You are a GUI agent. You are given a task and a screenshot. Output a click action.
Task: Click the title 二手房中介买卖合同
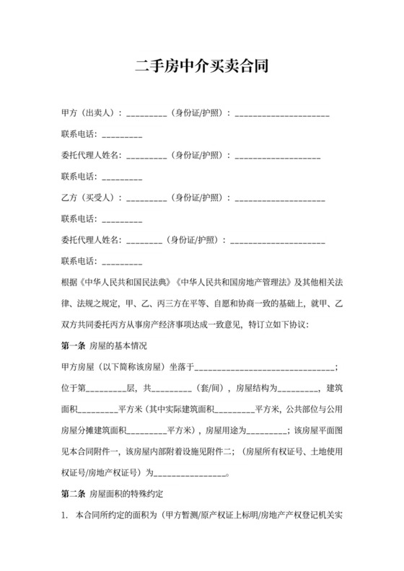pos(202,68)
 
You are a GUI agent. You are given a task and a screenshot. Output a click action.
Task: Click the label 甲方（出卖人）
pos(92,113)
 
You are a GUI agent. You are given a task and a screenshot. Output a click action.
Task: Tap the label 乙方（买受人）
pos(92,197)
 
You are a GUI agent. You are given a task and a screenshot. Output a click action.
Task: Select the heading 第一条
pos(73,346)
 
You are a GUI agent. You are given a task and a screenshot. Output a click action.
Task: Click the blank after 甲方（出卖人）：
pos(147,114)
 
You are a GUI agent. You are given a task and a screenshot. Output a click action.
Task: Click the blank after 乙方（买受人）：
pos(147,198)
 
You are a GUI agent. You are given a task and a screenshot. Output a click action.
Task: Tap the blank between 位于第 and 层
pos(106,389)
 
